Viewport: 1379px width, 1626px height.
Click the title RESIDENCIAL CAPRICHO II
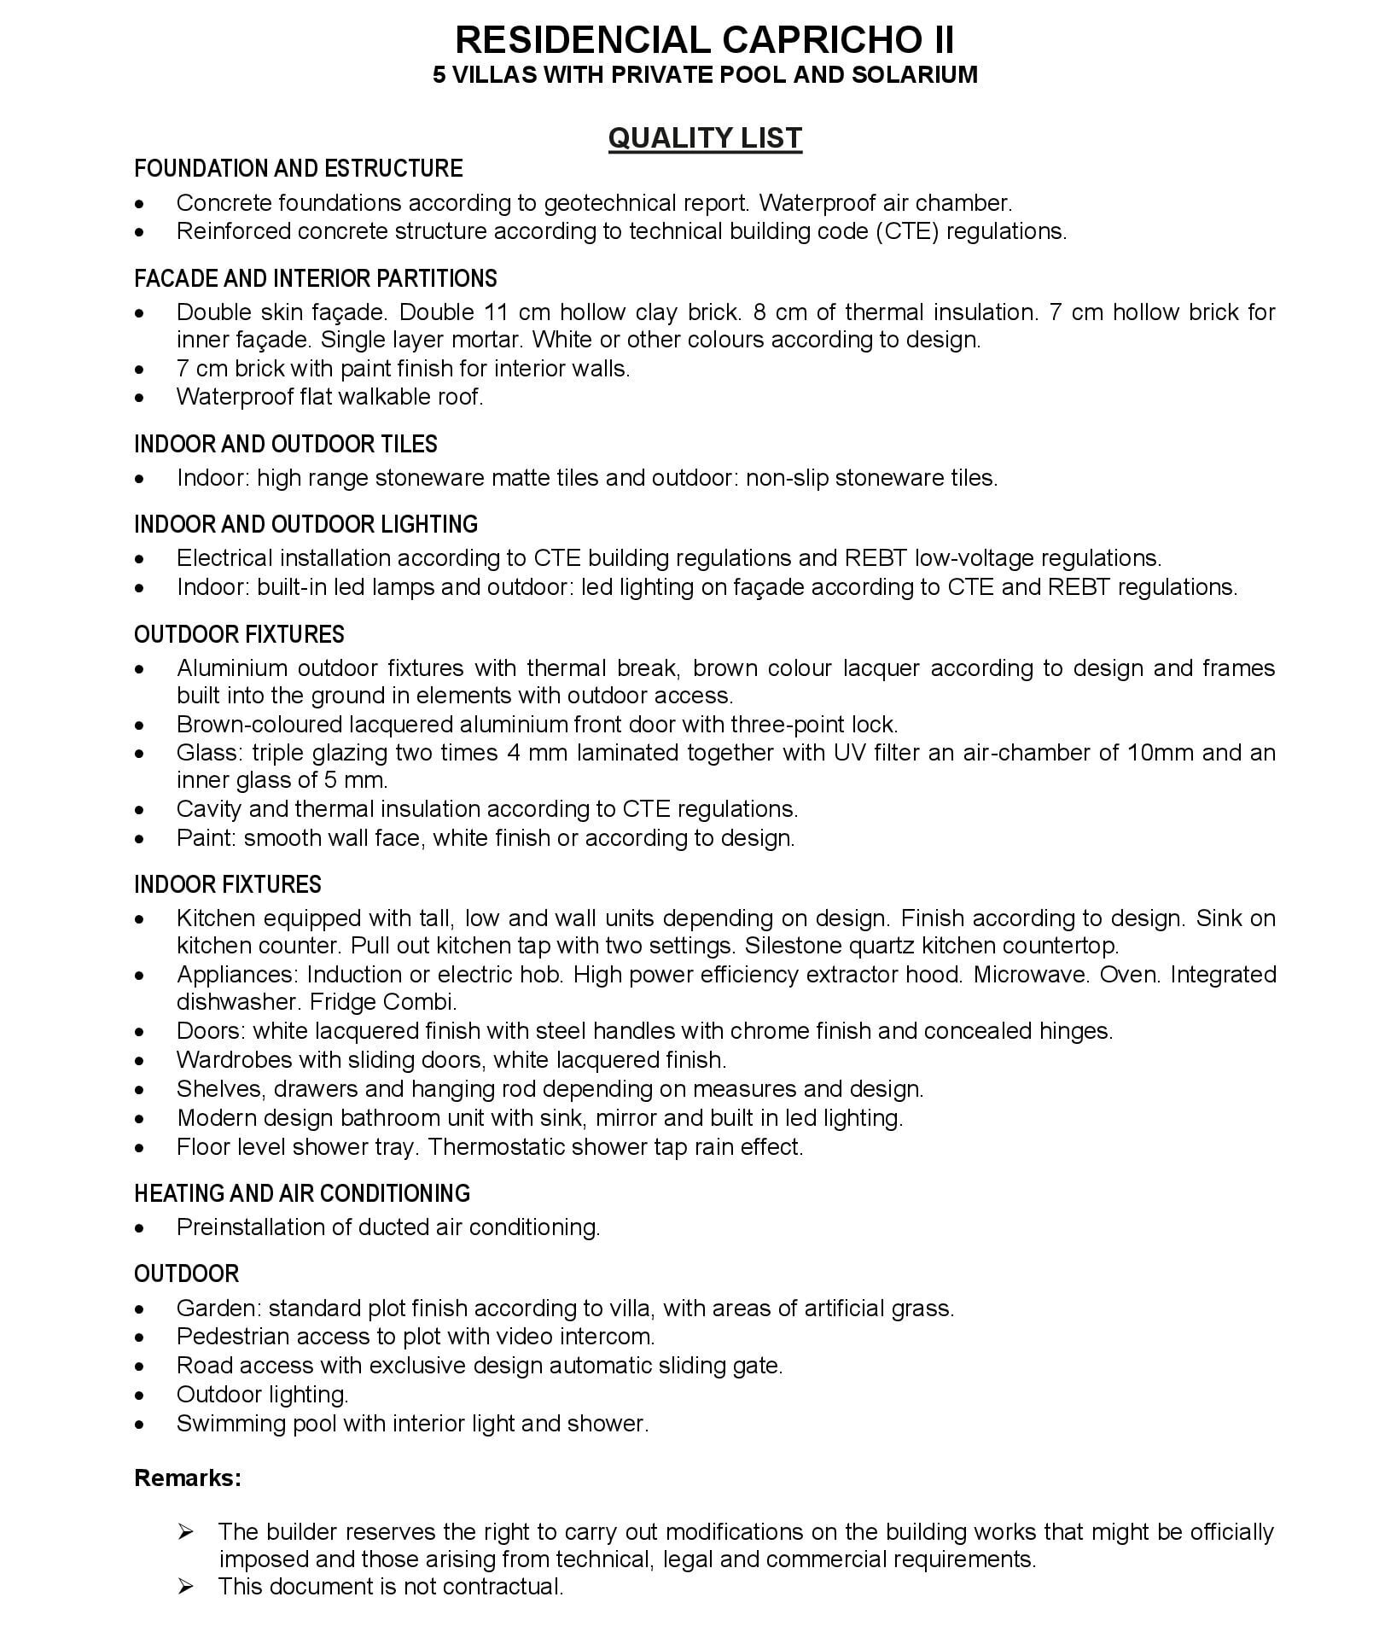click(705, 40)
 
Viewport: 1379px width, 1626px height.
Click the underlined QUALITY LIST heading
click(705, 138)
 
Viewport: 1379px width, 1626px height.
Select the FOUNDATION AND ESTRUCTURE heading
click(298, 168)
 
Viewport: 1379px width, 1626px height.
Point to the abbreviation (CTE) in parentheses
click(907, 231)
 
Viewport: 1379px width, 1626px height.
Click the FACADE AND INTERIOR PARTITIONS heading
click(315, 278)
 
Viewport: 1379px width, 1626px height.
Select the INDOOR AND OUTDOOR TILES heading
click(285, 444)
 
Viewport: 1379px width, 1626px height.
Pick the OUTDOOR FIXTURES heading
click(239, 634)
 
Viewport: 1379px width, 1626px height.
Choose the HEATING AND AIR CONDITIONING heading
click(302, 1192)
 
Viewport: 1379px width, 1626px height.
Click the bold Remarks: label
click(188, 1477)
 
